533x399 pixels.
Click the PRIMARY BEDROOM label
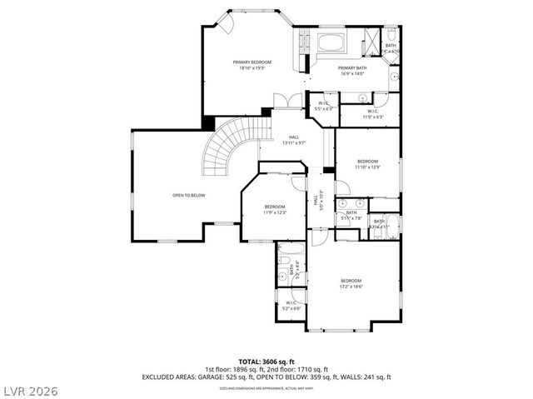(251, 65)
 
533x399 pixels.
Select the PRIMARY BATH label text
(351, 70)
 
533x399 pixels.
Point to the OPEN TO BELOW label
(189, 196)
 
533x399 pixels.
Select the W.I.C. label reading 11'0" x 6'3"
(371, 113)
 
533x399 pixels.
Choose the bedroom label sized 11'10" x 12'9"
(367, 163)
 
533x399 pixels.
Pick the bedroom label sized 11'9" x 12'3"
(275, 209)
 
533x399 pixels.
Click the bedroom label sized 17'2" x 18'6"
(351, 288)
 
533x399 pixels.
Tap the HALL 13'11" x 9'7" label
(294, 140)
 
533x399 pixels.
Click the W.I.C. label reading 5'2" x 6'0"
(291, 306)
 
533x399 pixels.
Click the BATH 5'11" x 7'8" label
(351, 215)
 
